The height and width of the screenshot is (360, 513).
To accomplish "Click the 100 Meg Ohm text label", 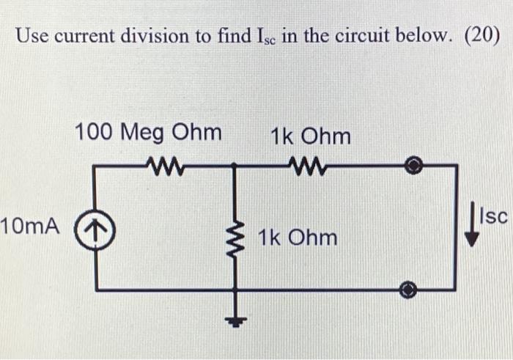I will tap(147, 133).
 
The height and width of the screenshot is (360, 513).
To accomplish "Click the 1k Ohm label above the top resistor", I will tap(310, 136).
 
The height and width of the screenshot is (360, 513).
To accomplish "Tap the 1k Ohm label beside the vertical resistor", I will tap(297, 237).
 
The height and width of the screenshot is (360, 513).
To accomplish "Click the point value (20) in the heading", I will tap(481, 35).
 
